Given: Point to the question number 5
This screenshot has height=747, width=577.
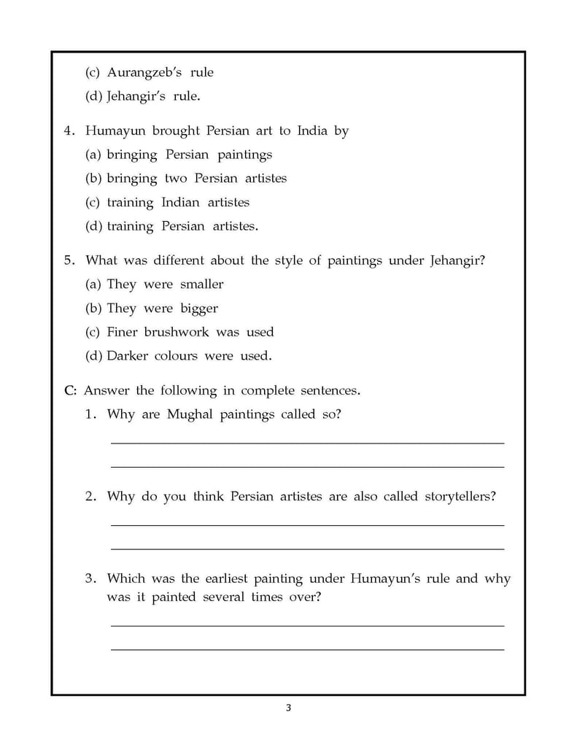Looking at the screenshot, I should [70, 260].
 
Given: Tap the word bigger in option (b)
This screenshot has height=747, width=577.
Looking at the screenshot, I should [199, 309].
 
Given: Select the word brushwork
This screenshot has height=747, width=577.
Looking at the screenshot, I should [177, 332].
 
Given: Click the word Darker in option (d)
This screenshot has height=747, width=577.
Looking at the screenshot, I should [132, 356].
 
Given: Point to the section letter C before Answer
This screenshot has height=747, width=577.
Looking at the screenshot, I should [69, 390].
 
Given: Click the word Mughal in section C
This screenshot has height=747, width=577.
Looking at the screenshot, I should [188, 414].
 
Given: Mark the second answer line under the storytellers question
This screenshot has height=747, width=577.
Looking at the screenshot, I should [306, 549].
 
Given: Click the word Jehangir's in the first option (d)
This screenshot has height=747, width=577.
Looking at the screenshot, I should [135, 96].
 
